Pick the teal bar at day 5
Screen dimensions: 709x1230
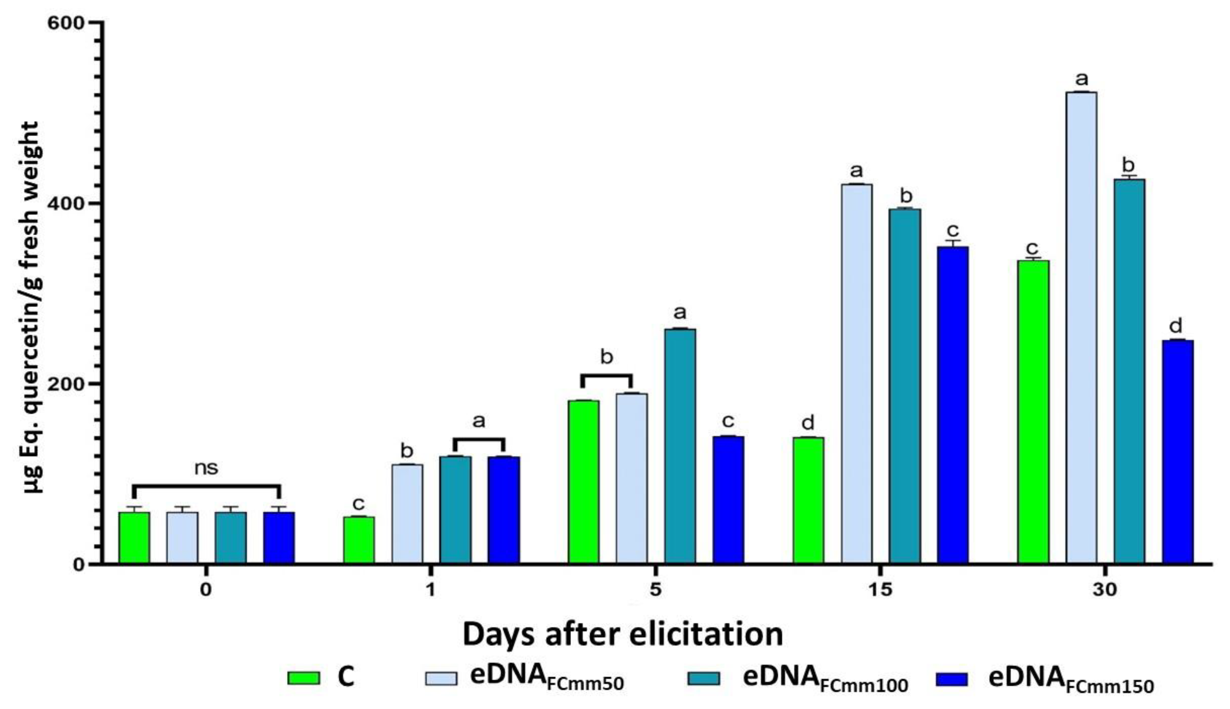click(x=680, y=446)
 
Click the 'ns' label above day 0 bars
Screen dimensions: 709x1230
click(x=207, y=468)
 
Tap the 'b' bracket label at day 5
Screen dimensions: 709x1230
click(x=606, y=357)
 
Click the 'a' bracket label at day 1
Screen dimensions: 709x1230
click(x=479, y=421)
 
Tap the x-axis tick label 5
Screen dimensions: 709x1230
click(x=656, y=590)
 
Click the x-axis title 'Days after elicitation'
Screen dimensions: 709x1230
click(x=623, y=634)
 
